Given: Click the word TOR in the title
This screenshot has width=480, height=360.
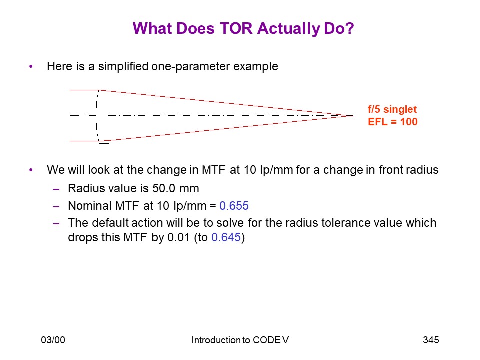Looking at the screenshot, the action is click(236, 28).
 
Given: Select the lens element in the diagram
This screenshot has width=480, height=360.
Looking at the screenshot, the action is click(103, 116).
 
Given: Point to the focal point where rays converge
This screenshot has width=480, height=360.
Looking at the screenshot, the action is click(352, 116).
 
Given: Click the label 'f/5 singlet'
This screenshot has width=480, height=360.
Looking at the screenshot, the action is click(392, 109).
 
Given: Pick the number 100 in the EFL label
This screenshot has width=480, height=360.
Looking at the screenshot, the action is click(409, 122).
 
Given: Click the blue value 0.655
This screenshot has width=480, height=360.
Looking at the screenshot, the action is click(234, 206).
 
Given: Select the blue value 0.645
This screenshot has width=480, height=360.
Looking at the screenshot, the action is click(226, 237).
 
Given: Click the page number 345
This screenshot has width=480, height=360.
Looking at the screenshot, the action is click(431, 340).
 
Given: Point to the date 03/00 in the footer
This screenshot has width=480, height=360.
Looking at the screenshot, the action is click(53, 340).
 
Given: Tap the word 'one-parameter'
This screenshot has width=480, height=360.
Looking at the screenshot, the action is click(190, 66).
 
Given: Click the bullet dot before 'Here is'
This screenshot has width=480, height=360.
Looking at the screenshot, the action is click(31, 66).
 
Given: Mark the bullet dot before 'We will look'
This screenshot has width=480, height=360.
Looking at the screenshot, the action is click(31, 170).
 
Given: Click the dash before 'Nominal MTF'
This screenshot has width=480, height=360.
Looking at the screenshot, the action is click(56, 207).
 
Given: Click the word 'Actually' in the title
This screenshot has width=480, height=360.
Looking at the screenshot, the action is click(288, 28).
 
